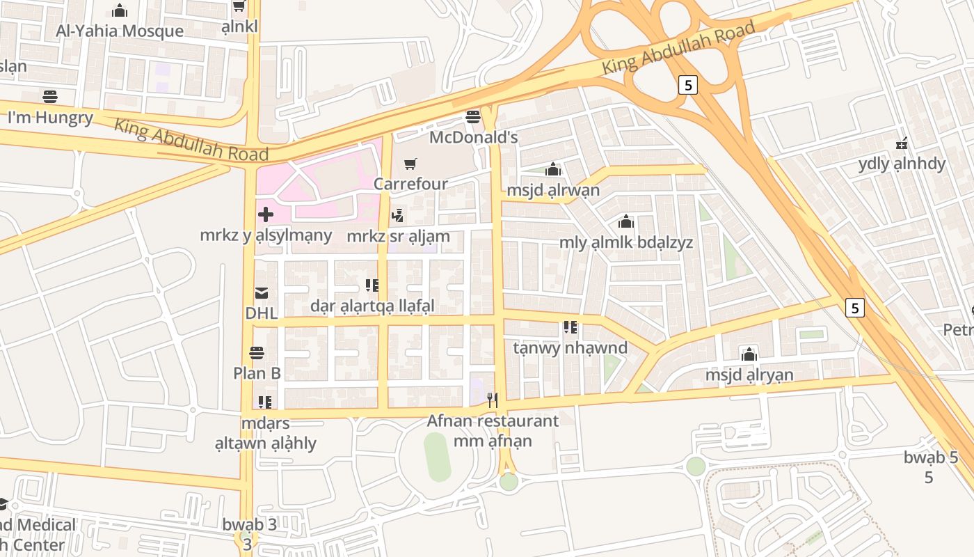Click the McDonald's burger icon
473,116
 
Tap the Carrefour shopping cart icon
410,164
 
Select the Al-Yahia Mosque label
120,31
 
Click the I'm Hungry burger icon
49,96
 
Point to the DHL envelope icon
262,293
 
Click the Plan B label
257,373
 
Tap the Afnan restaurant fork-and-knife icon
493,400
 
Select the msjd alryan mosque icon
749,354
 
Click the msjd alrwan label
553,190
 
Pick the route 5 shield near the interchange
687,85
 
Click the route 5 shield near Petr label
855,307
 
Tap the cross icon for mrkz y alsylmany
265,214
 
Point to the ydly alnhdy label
902,164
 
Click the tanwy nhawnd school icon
570,327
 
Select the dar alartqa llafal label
372,306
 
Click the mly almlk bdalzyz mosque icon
626,222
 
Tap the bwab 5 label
931,457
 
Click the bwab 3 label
249,524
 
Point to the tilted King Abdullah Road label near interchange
678,48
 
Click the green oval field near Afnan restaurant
437,457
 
